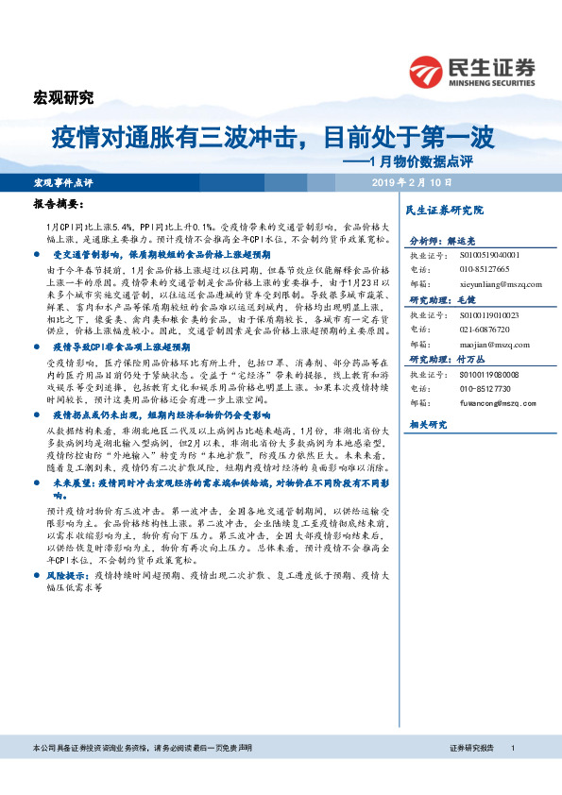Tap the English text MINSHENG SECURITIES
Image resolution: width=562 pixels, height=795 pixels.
coord(492,81)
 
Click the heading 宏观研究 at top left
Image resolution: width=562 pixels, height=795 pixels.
coord(63,98)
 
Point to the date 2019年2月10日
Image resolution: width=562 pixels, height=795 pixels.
coord(413,181)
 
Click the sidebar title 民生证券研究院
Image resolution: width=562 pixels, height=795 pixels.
coord(443,210)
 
